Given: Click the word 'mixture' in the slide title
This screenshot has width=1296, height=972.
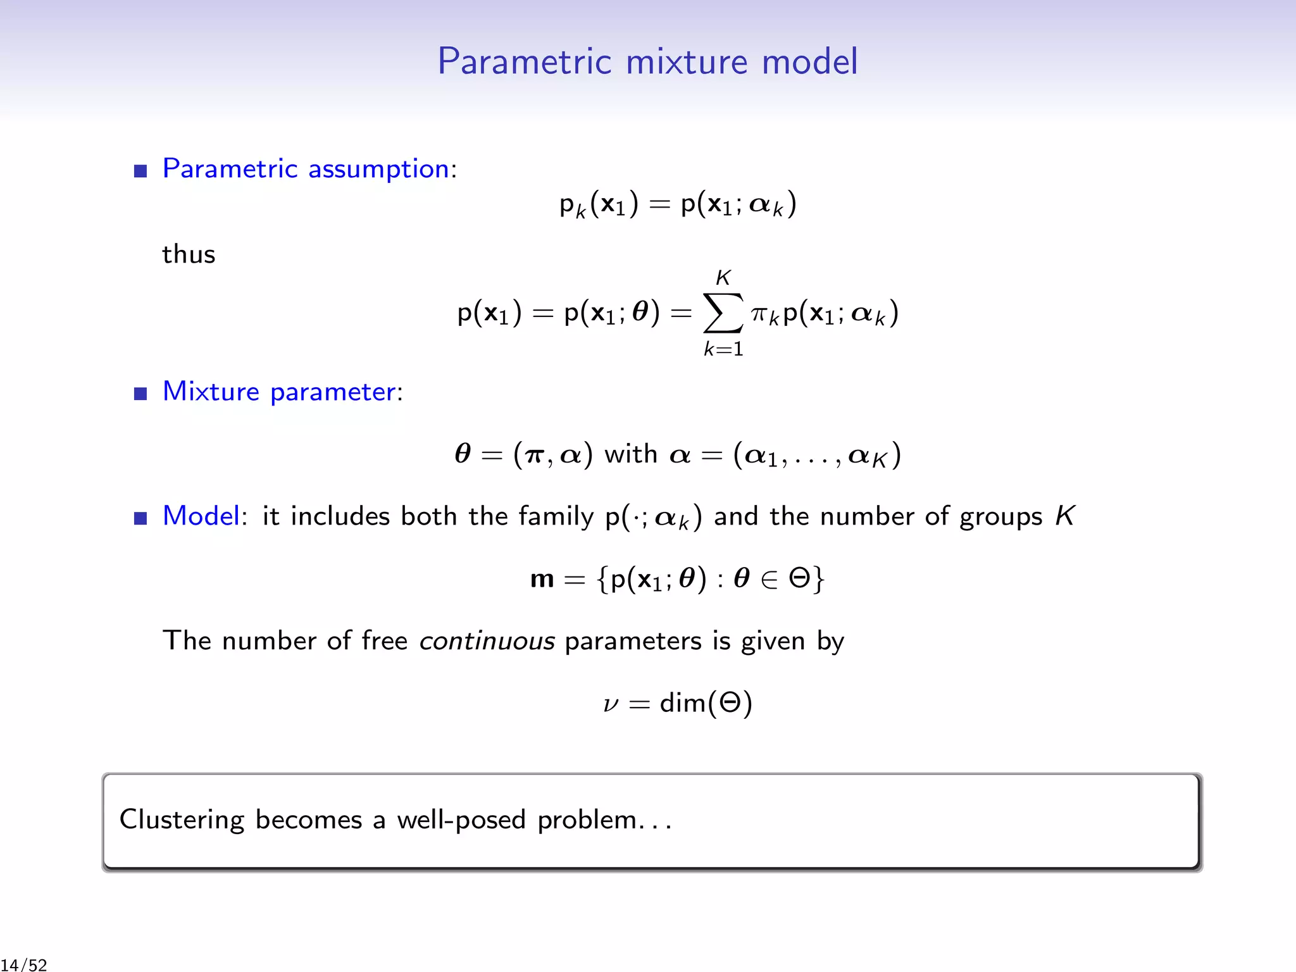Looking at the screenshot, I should pyautogui.click(x=687, y=61).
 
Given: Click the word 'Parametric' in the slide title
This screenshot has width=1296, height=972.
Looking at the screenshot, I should pyautogui.click(x=525, y=61).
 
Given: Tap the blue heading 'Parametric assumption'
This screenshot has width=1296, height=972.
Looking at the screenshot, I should pyautogui.click(x=306, y=169).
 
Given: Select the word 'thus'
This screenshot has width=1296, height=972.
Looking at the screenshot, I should pyautogui.click(x=189, y=254).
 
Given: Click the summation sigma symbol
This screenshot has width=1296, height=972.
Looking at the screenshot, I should pyautogui.click(x=723, y=313).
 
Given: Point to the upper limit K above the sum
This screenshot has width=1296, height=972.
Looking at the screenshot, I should pyautogui.click(x=723, y=277).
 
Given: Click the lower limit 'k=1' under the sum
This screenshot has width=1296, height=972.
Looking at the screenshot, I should pyautogui.click(x=723, y=349).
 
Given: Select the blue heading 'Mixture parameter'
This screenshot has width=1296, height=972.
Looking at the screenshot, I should pyautogui.click(x=279, y=392).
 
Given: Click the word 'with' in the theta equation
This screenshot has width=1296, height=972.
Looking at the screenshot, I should pyautogui.click(x=631, y=454).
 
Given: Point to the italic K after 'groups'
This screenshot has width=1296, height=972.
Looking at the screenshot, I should pyautogui.click(x=1064, y=516).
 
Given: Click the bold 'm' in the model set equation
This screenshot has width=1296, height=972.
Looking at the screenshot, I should pyautogui.click(x=542, y=579).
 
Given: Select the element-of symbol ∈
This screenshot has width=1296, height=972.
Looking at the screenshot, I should pyautogui.click(x=769, y=579).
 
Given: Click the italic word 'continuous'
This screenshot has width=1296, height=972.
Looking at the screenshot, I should pyautogui.click(x=487, y=641).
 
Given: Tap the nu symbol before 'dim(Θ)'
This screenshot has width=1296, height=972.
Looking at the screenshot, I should pyautogui.click(x=611, y=704).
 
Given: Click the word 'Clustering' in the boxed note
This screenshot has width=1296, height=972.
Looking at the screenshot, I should pyautogui.click(x=182, y=820).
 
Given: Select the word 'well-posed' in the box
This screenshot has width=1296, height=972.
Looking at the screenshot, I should pyautogui.click(x=461, y=820).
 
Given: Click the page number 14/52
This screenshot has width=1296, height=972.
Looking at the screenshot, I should pyautogui.click(x=25, y=964).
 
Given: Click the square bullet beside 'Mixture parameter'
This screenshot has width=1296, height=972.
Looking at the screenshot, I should pyautogui.click(x=140, y=394).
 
